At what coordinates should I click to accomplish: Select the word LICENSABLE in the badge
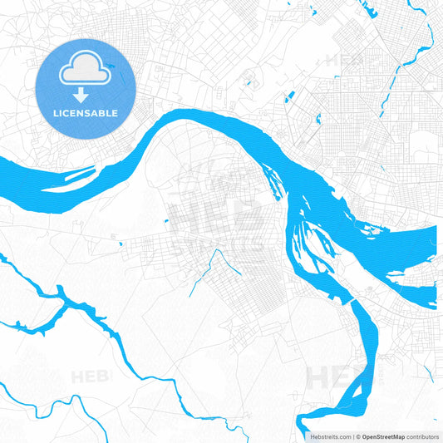[86, 113]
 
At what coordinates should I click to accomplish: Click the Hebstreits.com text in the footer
[327, 436]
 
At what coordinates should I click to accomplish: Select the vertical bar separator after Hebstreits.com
[352, 436]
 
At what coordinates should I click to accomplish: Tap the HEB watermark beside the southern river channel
[328, 377]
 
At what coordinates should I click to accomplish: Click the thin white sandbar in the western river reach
[79, 175]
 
